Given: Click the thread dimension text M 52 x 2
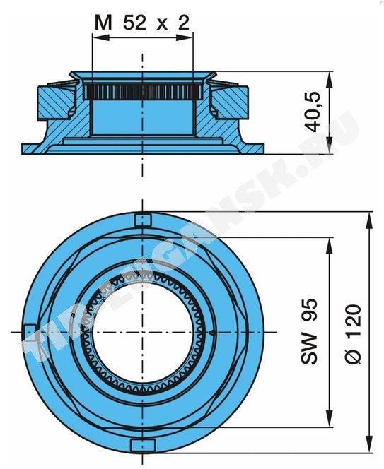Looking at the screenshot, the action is [x=142, y=23].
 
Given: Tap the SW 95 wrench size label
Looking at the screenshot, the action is [x=309, y=331].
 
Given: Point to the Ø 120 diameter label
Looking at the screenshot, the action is [x=353, y=334].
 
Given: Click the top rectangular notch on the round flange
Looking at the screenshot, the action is [x=142, y=220].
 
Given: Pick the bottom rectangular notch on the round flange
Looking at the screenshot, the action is [x=143, y=445].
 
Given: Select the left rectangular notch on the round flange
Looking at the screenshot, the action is [x=30, y=332].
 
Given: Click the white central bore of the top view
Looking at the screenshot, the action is [x=143, y=332].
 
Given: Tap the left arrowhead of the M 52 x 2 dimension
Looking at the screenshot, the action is [x=100, y=37].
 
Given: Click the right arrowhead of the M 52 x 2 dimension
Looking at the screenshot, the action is [x=185, y=37].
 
